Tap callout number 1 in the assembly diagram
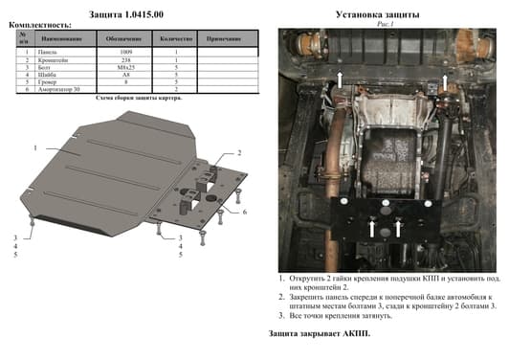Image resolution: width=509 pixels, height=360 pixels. click(x=34, y=148)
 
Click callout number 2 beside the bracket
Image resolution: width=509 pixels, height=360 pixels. click(x=239, y=153)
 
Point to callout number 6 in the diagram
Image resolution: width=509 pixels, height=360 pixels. click(x=245, y=211)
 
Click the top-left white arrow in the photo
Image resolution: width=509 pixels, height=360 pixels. click(x=337, y=84)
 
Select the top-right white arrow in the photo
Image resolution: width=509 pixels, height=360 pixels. click(x=446, y=84)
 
